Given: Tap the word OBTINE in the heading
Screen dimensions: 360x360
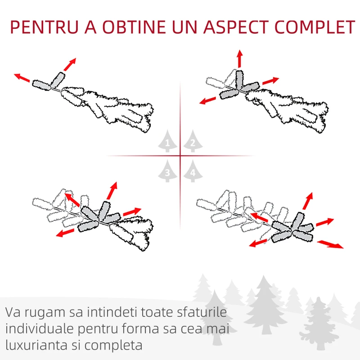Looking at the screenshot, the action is (134, 27).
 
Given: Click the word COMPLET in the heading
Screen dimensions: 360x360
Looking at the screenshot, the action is (315, 27).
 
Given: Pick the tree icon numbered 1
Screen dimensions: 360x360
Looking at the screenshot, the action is (167, 141).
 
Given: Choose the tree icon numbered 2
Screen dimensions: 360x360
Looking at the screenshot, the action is (193, 141).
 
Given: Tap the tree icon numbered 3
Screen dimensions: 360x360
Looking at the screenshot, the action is (167, 171).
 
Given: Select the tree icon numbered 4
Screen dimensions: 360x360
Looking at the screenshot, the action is (193, 171).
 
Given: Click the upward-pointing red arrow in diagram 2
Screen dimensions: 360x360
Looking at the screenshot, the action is (240, 58).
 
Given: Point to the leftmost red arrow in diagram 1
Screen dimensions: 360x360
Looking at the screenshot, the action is (22, 77).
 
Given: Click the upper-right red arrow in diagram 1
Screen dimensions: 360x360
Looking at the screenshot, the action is (70, 64).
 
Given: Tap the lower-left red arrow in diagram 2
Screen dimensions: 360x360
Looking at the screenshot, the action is (207, 100).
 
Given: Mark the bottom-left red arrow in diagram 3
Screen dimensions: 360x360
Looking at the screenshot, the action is (65, 233).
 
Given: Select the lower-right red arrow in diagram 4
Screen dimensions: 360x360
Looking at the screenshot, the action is (330, 244).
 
